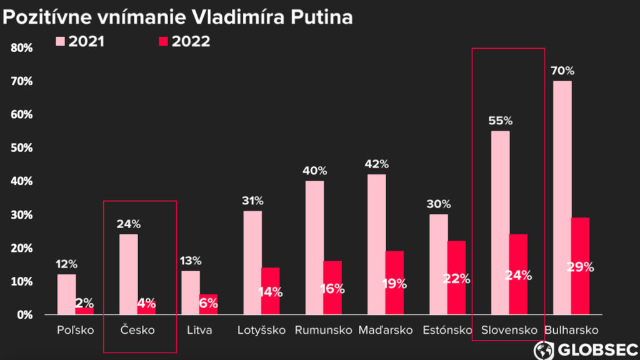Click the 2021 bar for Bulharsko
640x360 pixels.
562,197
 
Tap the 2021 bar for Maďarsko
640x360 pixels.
376,244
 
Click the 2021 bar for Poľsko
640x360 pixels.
66,294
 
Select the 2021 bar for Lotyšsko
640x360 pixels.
252,262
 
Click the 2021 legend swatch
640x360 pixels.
61,41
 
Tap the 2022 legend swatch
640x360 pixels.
164,41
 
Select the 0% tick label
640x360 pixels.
25,314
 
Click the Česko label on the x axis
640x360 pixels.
137,330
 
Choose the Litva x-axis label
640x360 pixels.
199,330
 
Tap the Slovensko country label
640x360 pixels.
509,330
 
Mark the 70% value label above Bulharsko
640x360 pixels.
562,71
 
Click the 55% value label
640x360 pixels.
500,120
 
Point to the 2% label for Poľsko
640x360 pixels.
84,303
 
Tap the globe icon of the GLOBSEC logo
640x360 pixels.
544,349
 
